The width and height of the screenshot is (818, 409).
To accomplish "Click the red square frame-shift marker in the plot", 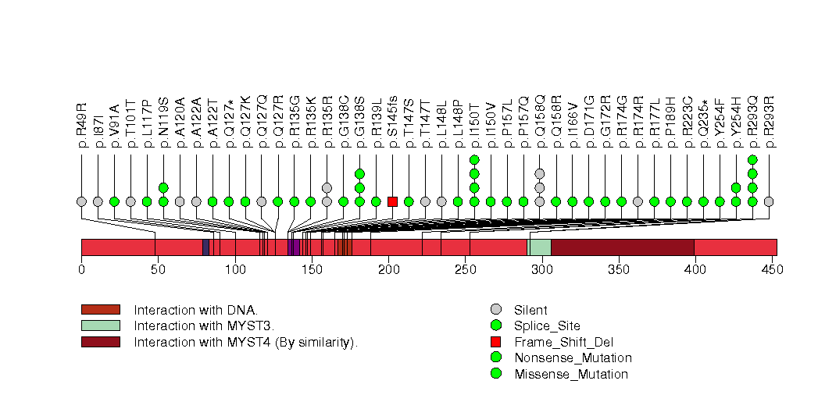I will coord(392,201).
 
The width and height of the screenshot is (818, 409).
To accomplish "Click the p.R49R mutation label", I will coord(82,126).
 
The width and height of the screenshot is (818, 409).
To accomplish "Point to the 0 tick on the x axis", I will coord(81,269).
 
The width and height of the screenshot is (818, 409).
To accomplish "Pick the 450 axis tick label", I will coord(771,269).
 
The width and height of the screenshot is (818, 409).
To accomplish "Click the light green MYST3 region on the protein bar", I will coord(540,247).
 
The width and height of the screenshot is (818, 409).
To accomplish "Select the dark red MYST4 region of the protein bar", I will coord(623,247).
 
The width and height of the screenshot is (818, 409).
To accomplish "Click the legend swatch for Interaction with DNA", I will coord(100,310).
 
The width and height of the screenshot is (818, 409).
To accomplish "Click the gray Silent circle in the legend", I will coord(495,310).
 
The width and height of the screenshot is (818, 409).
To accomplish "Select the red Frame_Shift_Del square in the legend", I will coord(495,342).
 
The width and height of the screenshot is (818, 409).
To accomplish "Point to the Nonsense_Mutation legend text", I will coord(573,358).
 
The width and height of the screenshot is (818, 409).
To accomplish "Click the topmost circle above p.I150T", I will coord(474,159).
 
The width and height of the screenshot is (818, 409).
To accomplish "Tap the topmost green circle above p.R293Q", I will coord(752,159).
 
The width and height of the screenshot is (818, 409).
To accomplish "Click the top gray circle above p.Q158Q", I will coord(539,173).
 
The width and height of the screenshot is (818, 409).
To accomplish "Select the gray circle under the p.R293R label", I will coord(769,201).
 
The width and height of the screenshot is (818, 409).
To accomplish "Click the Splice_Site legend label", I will coord(547,325).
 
